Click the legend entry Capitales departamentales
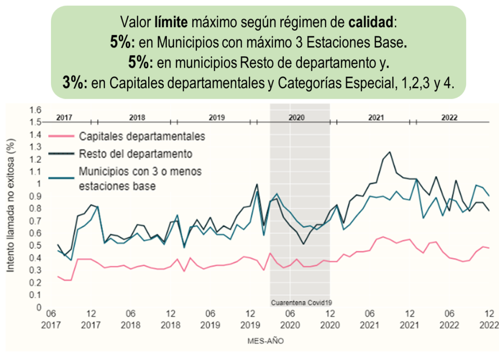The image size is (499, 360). click(142, 137)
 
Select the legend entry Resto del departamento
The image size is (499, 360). click(136, 154)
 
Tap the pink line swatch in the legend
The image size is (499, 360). click(62, 137)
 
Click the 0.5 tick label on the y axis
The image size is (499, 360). click(35, 246)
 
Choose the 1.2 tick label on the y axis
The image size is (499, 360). click(35, 159)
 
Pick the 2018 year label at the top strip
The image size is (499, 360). click(137, 118)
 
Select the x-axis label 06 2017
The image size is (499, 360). click(51, 318)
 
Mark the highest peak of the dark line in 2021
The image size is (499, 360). click(389, 152)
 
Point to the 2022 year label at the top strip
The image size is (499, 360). click(450, 118)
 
